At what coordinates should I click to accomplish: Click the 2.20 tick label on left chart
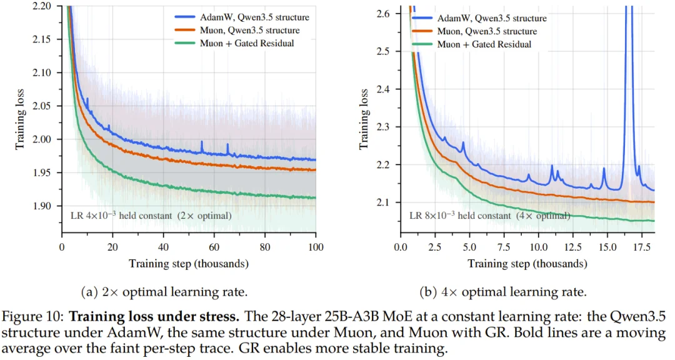pos(41,6)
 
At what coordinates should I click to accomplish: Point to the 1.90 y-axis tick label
pos(41,206)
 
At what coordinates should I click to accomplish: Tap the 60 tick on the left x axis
pos(214,247)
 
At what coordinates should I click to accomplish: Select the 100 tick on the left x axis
pos(316,247)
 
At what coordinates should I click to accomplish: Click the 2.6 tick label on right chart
pos(382,14)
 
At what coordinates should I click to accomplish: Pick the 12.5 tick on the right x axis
pos(572,247)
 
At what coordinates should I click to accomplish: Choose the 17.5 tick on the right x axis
pos(642,247)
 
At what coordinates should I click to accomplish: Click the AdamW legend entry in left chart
pos(242,17)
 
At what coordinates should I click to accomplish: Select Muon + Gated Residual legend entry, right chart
pos(472,44)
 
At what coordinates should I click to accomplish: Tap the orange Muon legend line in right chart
pos(422,31)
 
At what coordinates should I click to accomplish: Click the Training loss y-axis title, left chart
pos(19,119)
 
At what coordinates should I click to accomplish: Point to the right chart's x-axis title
pos(527,264)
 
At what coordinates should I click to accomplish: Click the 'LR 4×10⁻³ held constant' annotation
pos(151,215)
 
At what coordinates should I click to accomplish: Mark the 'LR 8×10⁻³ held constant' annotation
pos(490,215)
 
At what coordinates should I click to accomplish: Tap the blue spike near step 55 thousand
pos(202,147)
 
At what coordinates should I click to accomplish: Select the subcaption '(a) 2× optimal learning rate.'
pos(164,292)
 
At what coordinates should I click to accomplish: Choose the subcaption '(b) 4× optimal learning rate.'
pos(502,292)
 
